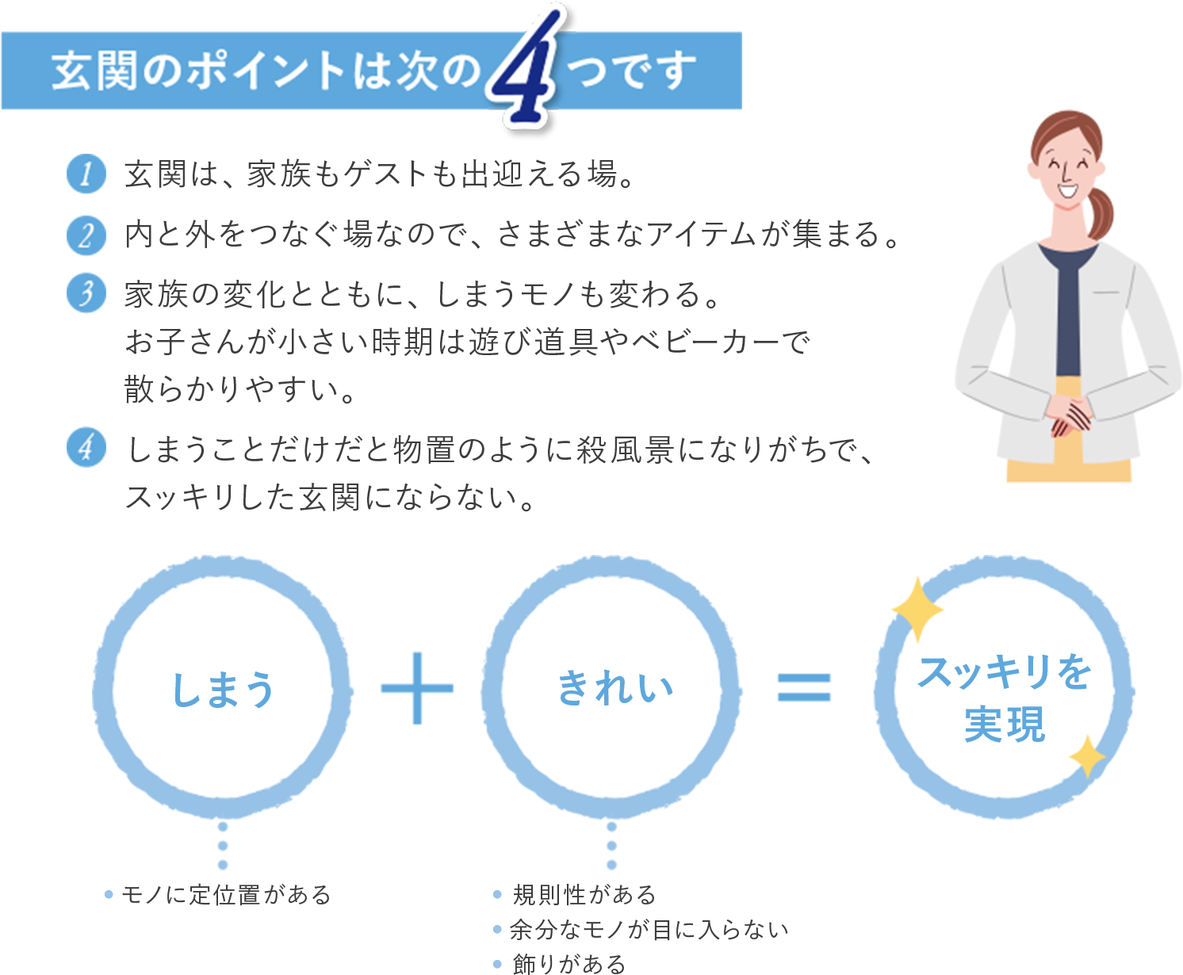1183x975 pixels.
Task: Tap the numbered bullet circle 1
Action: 86,174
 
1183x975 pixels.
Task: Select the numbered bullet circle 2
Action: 86,235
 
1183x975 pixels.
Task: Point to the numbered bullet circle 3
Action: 86,292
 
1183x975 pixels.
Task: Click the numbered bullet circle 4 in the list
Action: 86,447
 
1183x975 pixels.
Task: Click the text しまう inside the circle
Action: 224,690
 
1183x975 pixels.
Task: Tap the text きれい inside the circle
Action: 615,687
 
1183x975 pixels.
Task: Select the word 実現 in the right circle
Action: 1005,724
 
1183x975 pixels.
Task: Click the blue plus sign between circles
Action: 417,688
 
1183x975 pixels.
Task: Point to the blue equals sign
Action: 804,687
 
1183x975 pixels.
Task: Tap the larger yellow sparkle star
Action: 918,610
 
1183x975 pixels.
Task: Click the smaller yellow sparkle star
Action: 1087,757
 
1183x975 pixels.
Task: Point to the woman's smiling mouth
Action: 1068,189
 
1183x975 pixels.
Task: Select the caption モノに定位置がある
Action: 225,895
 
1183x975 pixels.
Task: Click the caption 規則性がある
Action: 584,895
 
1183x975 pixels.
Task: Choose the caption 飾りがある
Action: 569,964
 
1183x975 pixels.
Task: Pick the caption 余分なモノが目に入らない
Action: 649,930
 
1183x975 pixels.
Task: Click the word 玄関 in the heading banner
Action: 94,71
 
